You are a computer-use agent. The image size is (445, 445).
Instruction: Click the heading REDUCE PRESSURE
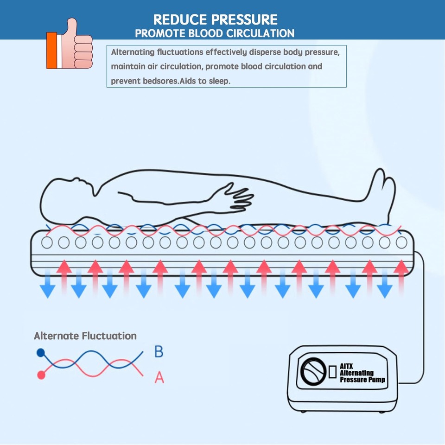(215, 19)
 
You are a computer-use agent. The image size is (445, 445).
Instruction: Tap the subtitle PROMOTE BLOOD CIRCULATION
(214, 33)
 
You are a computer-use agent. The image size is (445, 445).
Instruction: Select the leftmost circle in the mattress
(47, 242)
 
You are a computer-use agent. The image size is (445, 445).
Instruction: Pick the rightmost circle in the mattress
(401, 242)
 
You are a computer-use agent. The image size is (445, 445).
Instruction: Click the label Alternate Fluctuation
(85, 336)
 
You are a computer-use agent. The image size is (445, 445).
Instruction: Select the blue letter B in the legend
(159, 352)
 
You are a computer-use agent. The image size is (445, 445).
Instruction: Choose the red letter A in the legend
(159, 378)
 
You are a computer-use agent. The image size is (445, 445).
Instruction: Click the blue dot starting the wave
(41, 353)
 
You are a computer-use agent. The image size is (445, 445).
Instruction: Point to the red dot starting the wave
(41, 375)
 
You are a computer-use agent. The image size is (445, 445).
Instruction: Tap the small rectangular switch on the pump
(332, 373)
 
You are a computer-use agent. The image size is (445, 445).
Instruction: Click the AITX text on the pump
(347, 366)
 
